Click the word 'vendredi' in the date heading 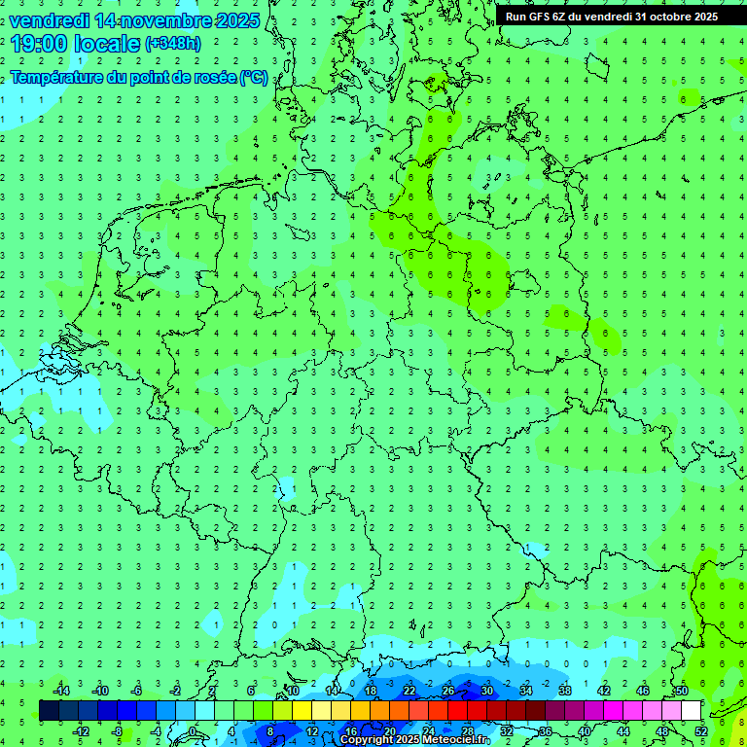click(50, 20)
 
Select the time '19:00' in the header click(38, 44)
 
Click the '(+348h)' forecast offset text click(172, 44)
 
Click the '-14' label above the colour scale click(61, 691)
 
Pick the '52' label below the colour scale click(701, 731)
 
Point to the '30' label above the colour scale click(486, 691)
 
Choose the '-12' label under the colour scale click(81, 731)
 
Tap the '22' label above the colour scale click(409, 691)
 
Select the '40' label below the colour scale click(584, 731)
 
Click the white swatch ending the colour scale click(692, 711)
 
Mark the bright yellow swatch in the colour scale click(302, 711)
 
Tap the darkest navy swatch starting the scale click(49, 711)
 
